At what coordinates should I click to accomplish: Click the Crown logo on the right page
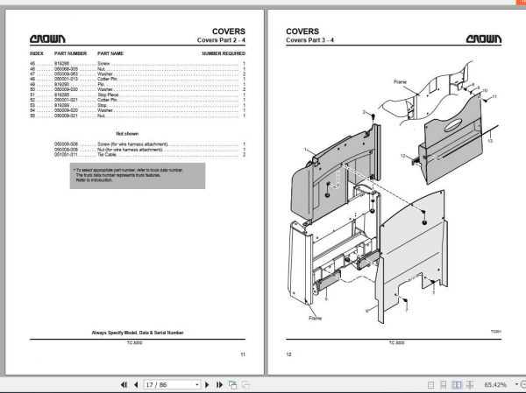[484, 39]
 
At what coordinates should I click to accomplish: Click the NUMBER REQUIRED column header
[224, 53]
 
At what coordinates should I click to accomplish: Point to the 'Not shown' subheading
[128, 133]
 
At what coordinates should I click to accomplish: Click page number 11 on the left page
[242, 354]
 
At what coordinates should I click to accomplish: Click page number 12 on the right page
[288, 354]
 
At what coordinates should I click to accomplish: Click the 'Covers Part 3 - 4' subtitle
[309, 42]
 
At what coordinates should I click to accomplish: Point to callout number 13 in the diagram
[490, 140]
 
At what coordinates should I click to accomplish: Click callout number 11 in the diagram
[494, 96]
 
